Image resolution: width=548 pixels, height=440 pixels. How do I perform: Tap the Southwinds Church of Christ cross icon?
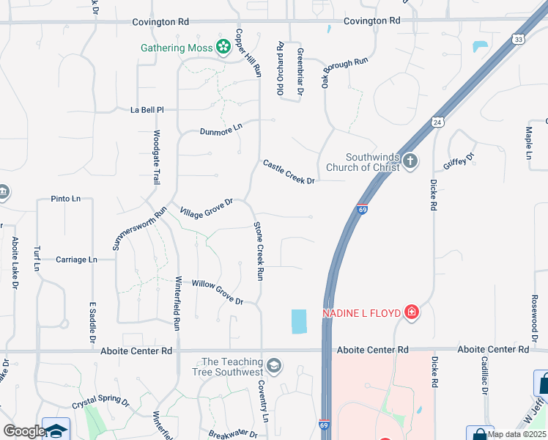tap(410, 161)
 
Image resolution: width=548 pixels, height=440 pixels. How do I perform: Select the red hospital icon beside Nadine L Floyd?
tap(412, 313)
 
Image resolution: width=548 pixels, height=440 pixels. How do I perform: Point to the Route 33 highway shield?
tap(519, 39)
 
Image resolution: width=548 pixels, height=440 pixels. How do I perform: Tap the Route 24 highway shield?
tap(437, 122)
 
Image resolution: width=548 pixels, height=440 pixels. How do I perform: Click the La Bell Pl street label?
tap(147, 109)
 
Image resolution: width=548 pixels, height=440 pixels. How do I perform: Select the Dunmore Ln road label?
tap(221, 131)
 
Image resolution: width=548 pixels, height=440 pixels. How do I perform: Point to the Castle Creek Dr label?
tap(289, 172)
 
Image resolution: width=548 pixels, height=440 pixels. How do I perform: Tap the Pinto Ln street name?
tap(66, 199)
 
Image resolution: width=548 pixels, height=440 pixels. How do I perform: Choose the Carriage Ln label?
tap(76, 260)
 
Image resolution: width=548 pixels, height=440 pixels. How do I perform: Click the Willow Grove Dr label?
tap(217, 292)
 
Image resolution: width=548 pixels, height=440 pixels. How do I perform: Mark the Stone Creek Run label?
tap(259, 252)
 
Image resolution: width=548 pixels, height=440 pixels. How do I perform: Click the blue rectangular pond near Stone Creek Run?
tap(299, 321)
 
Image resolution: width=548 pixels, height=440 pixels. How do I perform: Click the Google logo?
tap(23, 431)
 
